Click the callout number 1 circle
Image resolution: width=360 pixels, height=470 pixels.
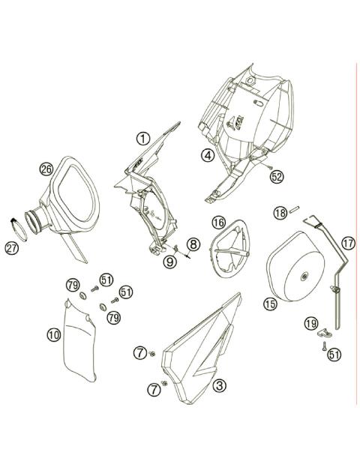pyautogui.click(x=142, y=138)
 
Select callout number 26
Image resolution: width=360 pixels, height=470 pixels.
pyautogui.click(x=46, y=169)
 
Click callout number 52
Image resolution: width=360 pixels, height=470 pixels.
pyautogui.click(x=277, y=176)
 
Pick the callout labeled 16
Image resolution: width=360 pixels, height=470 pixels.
pyautogui.click(x=218, y=222)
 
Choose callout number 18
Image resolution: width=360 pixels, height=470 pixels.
pyautogui.click(x=279, y=213)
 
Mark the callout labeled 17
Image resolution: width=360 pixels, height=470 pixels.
pyautogui.click(x=348, y=242)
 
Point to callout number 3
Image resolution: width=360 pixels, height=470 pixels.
pyautogui.click(x=219, y=386)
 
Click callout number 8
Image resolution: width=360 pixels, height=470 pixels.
pyautogui.click(x=193, y=244)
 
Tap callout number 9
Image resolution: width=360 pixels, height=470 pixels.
pyautogui.click(x=170, y=261)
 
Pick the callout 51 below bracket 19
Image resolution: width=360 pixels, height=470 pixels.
pyautogui.click(x=334, y=354)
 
